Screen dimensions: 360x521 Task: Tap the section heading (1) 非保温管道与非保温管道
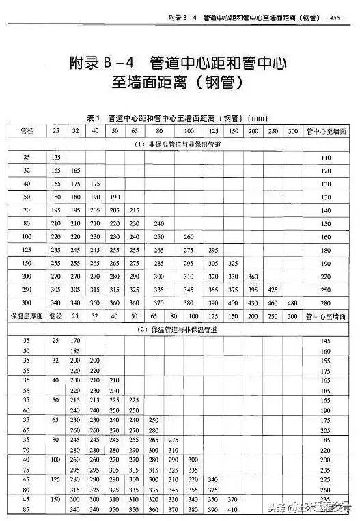(179, 145)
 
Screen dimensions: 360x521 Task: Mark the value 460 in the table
(273, 303)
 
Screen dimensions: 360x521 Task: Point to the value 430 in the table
(253, 303)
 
